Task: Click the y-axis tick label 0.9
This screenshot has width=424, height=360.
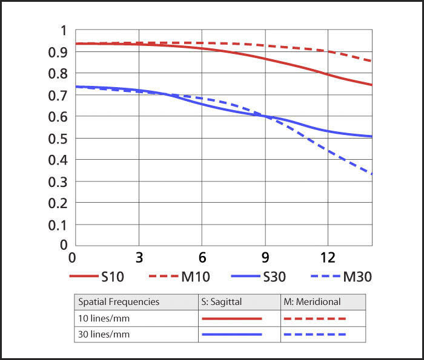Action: [x=58, y=52]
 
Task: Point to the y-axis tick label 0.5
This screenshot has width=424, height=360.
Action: [x=58, y=139]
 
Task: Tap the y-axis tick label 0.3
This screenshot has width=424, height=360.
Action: [x=58, y=182]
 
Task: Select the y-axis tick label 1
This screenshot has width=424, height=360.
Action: [x=63, y=30]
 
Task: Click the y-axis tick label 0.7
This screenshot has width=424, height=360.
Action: [x=58, y=95]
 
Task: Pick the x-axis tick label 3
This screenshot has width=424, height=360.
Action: [x=139, y=257]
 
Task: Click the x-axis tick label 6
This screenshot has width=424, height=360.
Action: [x=202, y=257]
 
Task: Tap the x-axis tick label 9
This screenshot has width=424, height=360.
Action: [x=264, y=257]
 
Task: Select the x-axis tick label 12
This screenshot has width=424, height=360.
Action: [x=328, y=257]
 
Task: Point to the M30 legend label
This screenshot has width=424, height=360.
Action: [x=357, y=277]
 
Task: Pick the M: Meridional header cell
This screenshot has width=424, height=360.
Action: [x=312, y=301]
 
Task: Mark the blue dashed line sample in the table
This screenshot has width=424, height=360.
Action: [x=314, y=334]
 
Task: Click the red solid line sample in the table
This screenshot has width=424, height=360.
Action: [x=231, y=318]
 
